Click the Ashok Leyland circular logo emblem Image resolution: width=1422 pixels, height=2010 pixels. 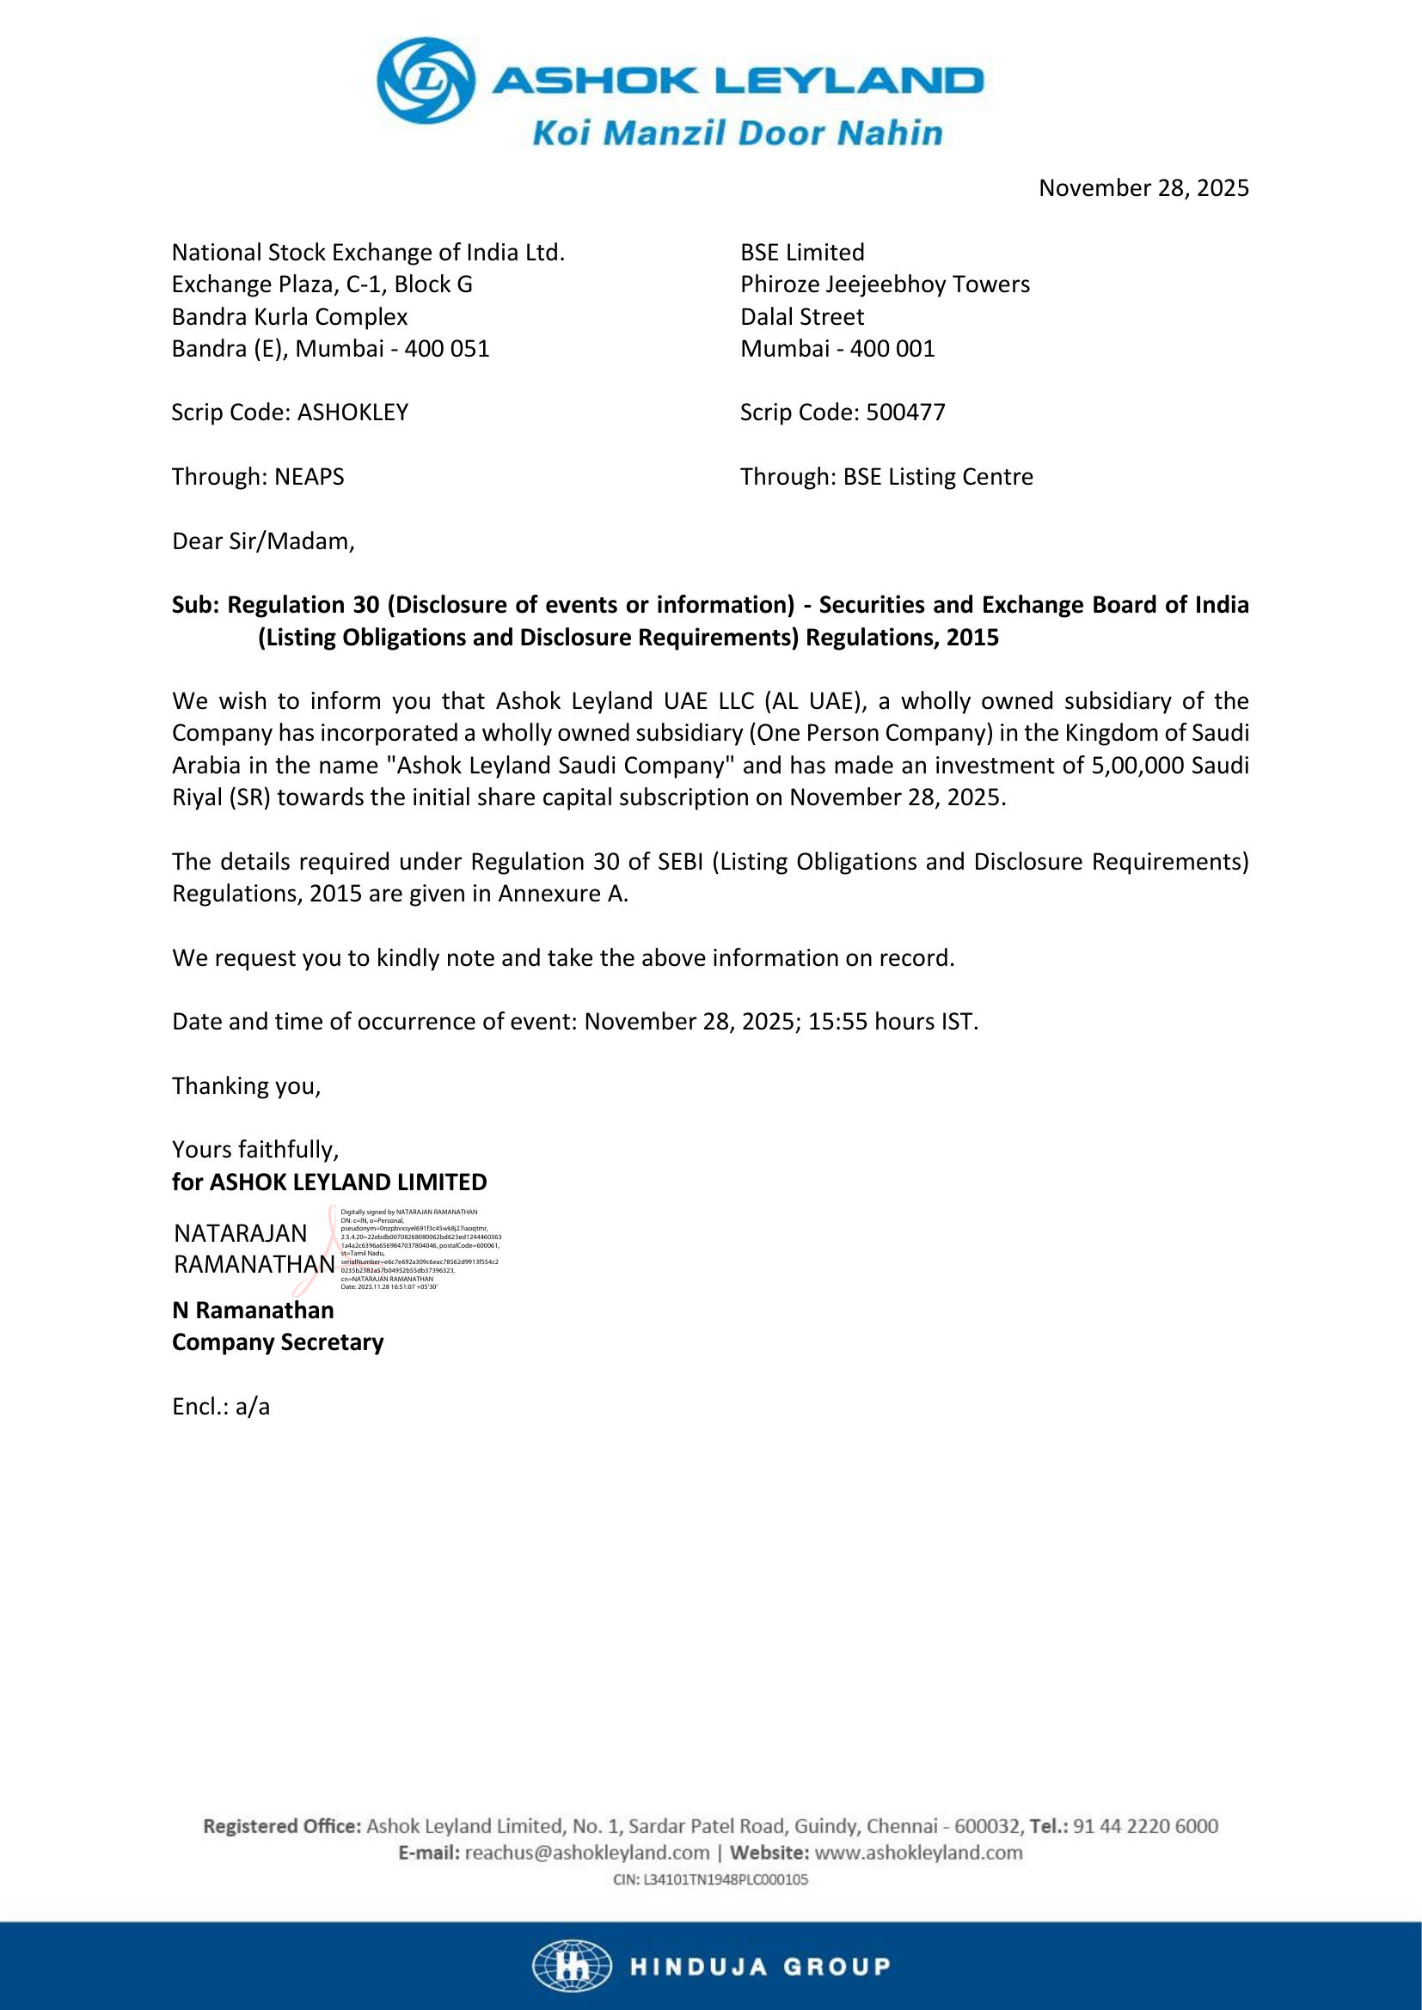pos(426,81)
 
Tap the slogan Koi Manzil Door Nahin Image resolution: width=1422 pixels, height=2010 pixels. pos(738,134)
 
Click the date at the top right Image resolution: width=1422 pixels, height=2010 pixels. pos(1143,188)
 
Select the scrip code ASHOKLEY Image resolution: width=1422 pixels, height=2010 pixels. pos(352,412)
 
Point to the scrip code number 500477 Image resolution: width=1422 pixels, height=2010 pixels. pos(905,412)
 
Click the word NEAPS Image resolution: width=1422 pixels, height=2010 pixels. pos(310,477)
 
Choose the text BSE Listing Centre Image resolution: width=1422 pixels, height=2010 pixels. pos(938,477)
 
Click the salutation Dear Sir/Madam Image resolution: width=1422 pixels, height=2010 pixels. pos(263,541)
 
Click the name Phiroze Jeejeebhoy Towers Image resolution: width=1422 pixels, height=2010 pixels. pos(885,284)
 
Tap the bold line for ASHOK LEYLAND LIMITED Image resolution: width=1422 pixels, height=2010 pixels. pos(329,1182)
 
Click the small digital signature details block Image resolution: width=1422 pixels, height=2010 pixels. pos(420,1249)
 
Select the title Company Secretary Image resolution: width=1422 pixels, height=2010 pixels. pos(278,1342)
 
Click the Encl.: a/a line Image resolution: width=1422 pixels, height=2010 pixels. pos(221,1406)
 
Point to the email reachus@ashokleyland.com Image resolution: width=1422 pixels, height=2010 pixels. pos(586,1853)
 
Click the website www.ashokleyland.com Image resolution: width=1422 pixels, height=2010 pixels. pos(918,1853)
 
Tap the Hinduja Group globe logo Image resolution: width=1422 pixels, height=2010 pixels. pos(572,1966)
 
